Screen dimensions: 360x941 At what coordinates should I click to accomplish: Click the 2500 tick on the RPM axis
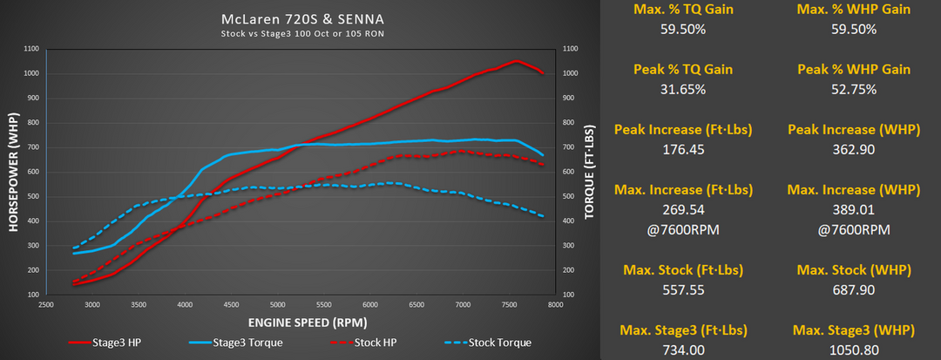click(46, 306)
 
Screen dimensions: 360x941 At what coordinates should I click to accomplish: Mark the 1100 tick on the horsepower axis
click(31, 50)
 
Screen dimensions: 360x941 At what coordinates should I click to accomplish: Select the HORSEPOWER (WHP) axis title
click(13, 173)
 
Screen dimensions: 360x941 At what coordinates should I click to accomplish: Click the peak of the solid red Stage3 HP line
click(516, 61)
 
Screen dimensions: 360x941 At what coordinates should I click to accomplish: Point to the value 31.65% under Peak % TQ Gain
click(685, 89)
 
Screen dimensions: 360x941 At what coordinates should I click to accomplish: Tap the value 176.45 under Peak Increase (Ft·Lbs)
click(685, 149)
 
